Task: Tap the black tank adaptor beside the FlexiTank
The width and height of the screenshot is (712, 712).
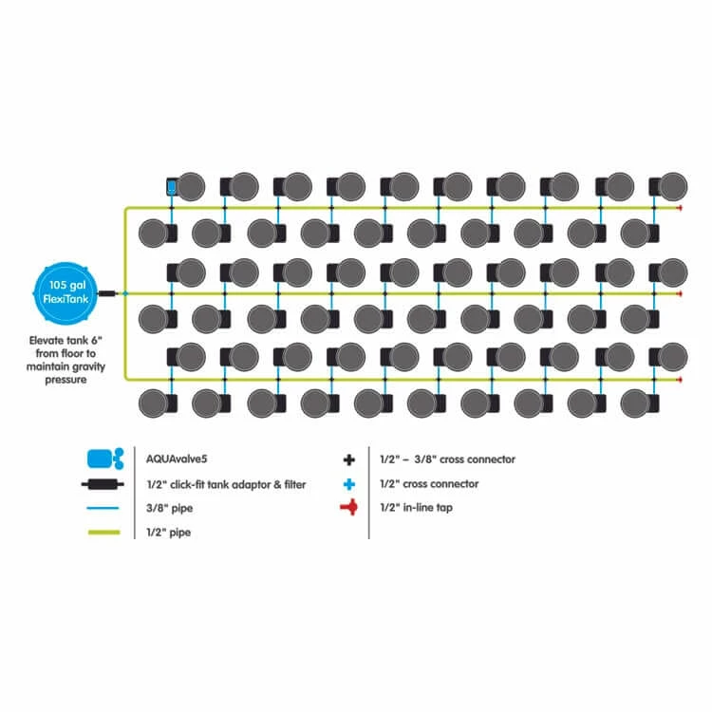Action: pos(106,294)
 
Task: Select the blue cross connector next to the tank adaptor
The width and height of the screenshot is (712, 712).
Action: pos(124,294)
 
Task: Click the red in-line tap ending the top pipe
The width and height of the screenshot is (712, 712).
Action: pos(679,207)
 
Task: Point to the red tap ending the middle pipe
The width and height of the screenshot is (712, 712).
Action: pos(679,294)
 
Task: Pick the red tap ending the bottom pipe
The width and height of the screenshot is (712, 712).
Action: pos(679,380)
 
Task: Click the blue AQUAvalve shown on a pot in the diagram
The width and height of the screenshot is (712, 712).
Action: pos(172,187)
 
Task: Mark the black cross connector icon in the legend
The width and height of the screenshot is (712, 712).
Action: pos(349,459)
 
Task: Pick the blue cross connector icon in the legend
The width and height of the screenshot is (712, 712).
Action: pos(349,484)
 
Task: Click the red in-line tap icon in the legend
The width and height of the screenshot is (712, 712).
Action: pos(349,509)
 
